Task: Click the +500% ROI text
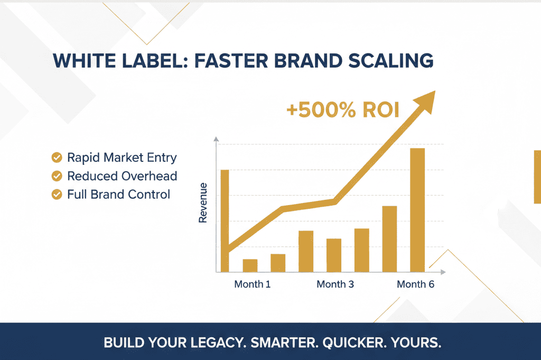342,110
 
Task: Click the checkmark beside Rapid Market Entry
57,158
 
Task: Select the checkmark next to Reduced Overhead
57,176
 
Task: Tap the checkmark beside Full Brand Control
57,195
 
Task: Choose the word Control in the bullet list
148,195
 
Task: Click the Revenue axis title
203,202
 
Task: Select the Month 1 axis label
252,284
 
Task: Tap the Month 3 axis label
335,284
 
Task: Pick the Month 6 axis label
415,284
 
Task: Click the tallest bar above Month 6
417,210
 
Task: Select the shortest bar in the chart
250,266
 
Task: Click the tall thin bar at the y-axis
225,221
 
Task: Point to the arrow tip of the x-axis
445,272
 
